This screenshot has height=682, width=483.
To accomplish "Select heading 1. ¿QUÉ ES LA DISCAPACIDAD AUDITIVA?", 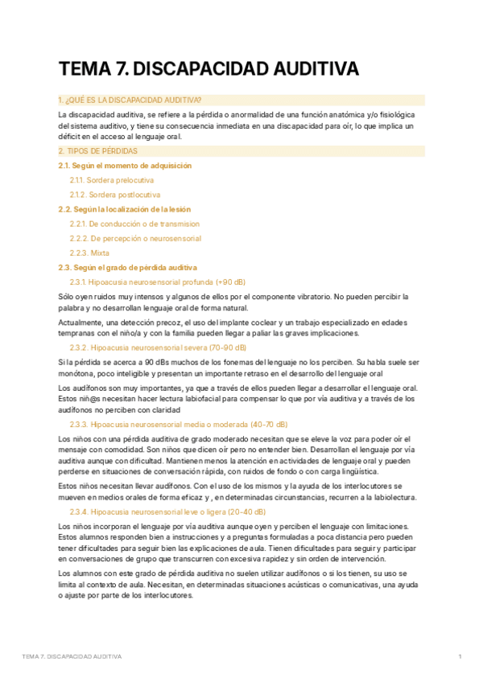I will pos(130,100).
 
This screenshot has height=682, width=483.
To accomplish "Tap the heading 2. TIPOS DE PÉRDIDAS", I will pos(97,150).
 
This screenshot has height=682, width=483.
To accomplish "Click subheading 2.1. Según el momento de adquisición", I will pos(125,165).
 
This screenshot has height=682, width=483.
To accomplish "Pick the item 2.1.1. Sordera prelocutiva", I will pos(113,180).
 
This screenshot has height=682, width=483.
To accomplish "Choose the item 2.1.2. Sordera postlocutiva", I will pos(115,195).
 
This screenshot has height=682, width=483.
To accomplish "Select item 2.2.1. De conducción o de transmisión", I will pos(134,224).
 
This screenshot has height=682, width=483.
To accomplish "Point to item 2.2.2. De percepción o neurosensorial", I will pos(135,238).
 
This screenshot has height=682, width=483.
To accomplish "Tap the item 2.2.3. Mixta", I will pos(89,253).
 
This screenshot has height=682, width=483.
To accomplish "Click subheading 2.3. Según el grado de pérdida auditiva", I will pos(127,267).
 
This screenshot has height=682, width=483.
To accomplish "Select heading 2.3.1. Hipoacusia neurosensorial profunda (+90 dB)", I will pos(158,282).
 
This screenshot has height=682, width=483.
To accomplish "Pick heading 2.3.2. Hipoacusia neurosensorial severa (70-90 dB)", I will pos(158,347).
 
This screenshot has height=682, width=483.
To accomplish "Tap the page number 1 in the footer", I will pos(460,657).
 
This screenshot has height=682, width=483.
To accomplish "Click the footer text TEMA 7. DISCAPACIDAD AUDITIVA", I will pos(72,657).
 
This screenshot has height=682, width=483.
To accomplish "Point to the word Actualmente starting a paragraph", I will pos(79,323).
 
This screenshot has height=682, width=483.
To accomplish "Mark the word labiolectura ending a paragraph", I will pos(394,497).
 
